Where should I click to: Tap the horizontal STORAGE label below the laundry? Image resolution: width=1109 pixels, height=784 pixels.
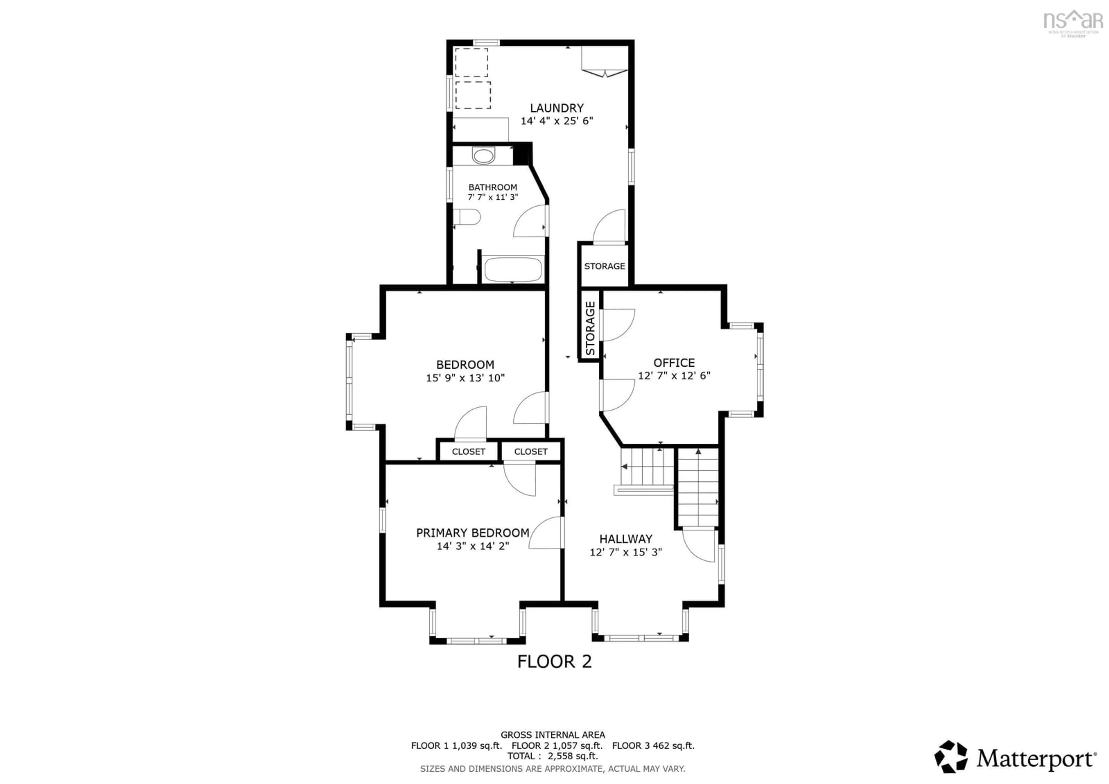point(604,266)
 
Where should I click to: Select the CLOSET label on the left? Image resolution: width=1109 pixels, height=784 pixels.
point(468,452)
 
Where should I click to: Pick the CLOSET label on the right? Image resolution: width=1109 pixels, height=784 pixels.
point(530,452)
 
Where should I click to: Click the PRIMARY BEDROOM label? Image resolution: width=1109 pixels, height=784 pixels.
point(472,533)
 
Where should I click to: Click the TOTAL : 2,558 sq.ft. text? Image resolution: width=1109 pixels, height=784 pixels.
point(552,756)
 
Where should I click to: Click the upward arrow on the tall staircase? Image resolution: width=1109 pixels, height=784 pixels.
point(698,452)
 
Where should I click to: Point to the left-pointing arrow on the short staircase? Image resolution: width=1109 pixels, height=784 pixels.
point(624,467)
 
